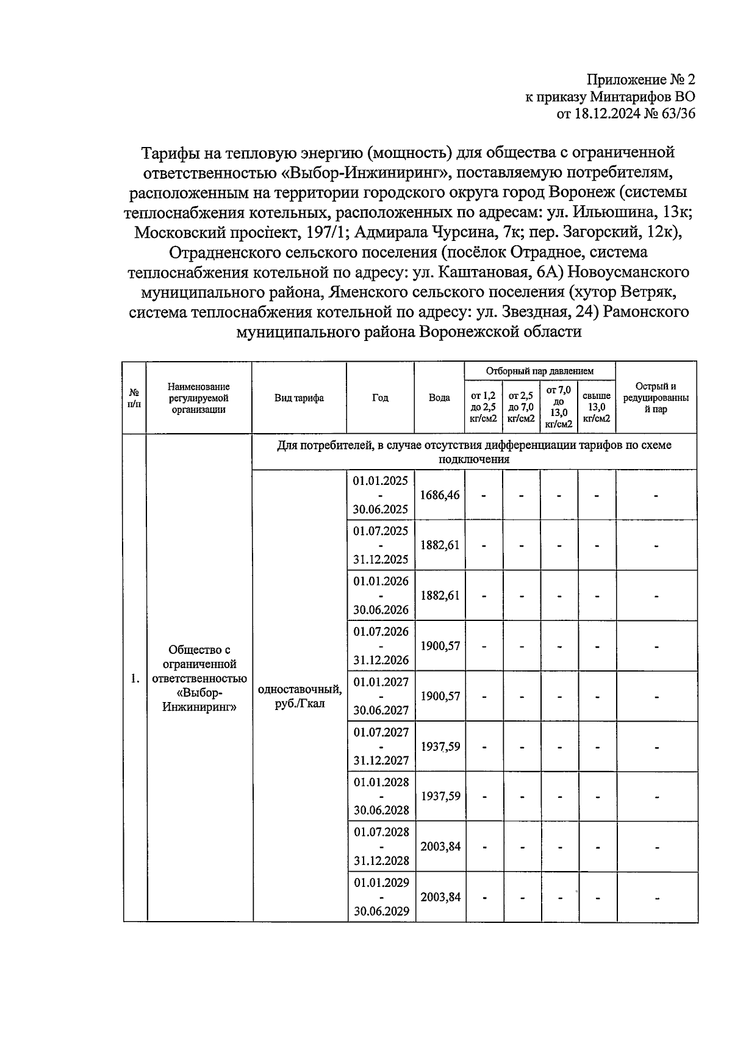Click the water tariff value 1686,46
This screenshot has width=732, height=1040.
pyautogui.click(x=440, y=495)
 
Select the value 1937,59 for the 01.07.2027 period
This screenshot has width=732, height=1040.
pyautogui.click(x=440, y=746)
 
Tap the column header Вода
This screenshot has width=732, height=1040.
pyautogui.click(x=439, y=398)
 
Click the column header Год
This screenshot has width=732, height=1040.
pyautogui.click(x=380, y=398)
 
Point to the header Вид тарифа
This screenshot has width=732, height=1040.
pyautogui.click(x=299, y=398)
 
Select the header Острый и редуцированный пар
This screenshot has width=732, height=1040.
pyautogui.click(x=656, y=398)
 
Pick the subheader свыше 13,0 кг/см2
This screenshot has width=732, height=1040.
pyautogui.click(x=596, y=407)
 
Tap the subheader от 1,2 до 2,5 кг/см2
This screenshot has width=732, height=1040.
pyautogui.click(x=484, y=407)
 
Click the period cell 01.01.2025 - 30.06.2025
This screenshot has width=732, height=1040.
pyautogui.click(x=380, y=495)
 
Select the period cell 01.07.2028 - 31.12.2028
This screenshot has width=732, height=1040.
pyautogui.click(x=380, y=846)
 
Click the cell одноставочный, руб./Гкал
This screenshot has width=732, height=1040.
pyautogui.click(x=299, y=696)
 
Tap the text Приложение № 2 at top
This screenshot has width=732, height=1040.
pyautogui.click(x=640, y=80)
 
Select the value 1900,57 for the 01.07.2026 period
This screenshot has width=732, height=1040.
pyautogui.click(x=440, y=645)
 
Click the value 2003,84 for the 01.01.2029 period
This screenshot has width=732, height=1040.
pyautogui.click(x=440, y=897)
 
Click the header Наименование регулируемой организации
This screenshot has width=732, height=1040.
pyautogui.click(x=199, y=398)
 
